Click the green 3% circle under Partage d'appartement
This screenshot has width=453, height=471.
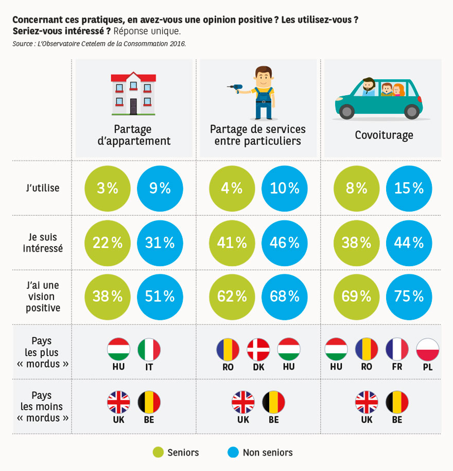click(x=108, y=188)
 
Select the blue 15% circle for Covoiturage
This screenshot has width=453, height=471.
click(x=409, y=188)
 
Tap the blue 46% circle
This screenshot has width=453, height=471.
click(x=284, y=242)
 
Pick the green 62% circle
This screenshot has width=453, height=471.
click(x=232, y=296)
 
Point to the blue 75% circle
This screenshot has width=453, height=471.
click(x=409, y=296)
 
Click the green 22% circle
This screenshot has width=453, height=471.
click(x=108, y=242)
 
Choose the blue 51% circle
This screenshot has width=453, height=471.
click(x=160, y=296)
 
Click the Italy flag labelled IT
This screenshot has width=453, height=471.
click(x=149, y=350)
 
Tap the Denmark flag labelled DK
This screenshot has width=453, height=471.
click(x=258, y=350)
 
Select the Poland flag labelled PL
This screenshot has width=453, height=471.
click(x=428, y=350)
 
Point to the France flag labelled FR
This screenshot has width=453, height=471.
click(x=397, y=350)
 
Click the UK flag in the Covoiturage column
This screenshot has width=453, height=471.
click(x=367, y=402)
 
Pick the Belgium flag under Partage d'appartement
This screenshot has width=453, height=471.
click(x=149, y=402)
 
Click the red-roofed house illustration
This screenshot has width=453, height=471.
click(x=133, y=93)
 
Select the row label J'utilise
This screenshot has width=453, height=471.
click(x=43, y=188)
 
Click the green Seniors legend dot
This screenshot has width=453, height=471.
click(x=159, y=452)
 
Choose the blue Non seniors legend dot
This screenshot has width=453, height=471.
click(x=234, y=452)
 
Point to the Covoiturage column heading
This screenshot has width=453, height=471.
click(x=384, y=135)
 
